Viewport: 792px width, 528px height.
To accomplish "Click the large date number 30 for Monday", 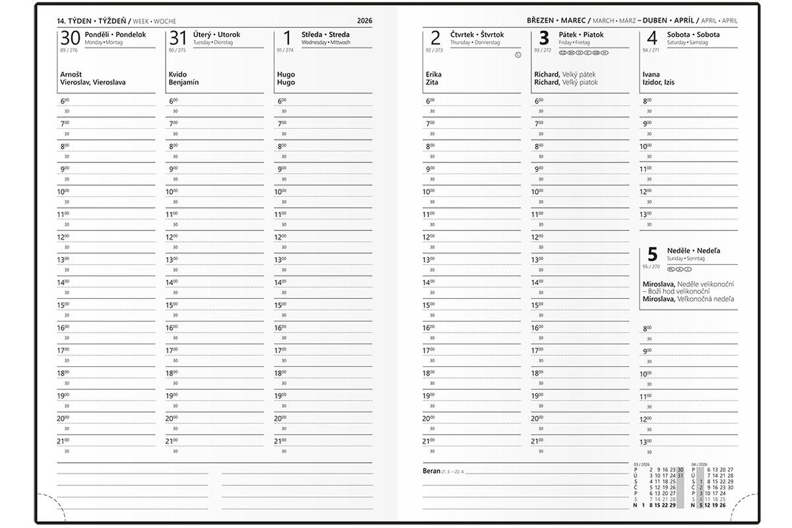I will pos(71,38).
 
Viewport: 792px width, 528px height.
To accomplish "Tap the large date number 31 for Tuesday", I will pos(178,38).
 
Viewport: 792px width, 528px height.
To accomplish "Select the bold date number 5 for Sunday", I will pos(652,255).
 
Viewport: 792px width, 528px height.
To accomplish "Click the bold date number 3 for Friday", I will pos(544,38).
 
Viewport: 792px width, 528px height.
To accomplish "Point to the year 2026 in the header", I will pos(364,21).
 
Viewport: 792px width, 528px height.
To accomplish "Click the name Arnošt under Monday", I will pos(71,75).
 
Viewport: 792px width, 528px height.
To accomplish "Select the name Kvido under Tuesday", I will pos(178,75).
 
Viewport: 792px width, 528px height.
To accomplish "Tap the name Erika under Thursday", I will pos(434,75).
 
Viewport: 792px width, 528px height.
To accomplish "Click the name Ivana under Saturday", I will pos(651,75).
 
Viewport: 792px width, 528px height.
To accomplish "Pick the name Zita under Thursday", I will pos(432,82).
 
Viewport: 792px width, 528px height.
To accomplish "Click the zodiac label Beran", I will pos(432,471).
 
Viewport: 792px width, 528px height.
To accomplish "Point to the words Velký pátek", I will pos(579,75).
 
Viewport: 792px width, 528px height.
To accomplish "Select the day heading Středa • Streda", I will pos(325,34).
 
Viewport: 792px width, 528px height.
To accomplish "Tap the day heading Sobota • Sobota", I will pos(693,34).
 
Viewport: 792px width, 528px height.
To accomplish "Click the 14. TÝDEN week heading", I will pos(75,21).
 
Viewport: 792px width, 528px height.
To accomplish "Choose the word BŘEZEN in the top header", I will pos(541,21).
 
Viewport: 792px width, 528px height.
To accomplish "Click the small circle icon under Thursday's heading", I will pos(517,55).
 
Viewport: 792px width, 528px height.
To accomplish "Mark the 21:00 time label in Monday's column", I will pos(63,441).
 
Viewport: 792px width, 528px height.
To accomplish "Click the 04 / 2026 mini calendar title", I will pos(699,464).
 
